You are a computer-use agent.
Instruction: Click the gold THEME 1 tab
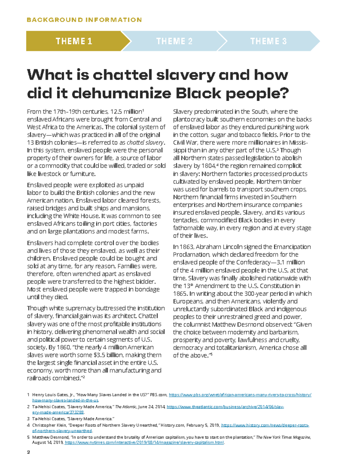pos(74,41)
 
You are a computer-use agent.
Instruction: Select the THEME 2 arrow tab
pos(174,41)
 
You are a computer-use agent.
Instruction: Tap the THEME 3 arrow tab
pos(268,41)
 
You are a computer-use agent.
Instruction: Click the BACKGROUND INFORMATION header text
pos(84,20)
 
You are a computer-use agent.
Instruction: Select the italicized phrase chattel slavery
pos(145,143)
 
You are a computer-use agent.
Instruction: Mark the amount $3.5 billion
pos(108,355)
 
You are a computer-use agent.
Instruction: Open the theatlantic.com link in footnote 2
pos(225,407)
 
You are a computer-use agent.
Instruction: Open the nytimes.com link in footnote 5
pos(144,443)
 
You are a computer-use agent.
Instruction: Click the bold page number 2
pos(28,452)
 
